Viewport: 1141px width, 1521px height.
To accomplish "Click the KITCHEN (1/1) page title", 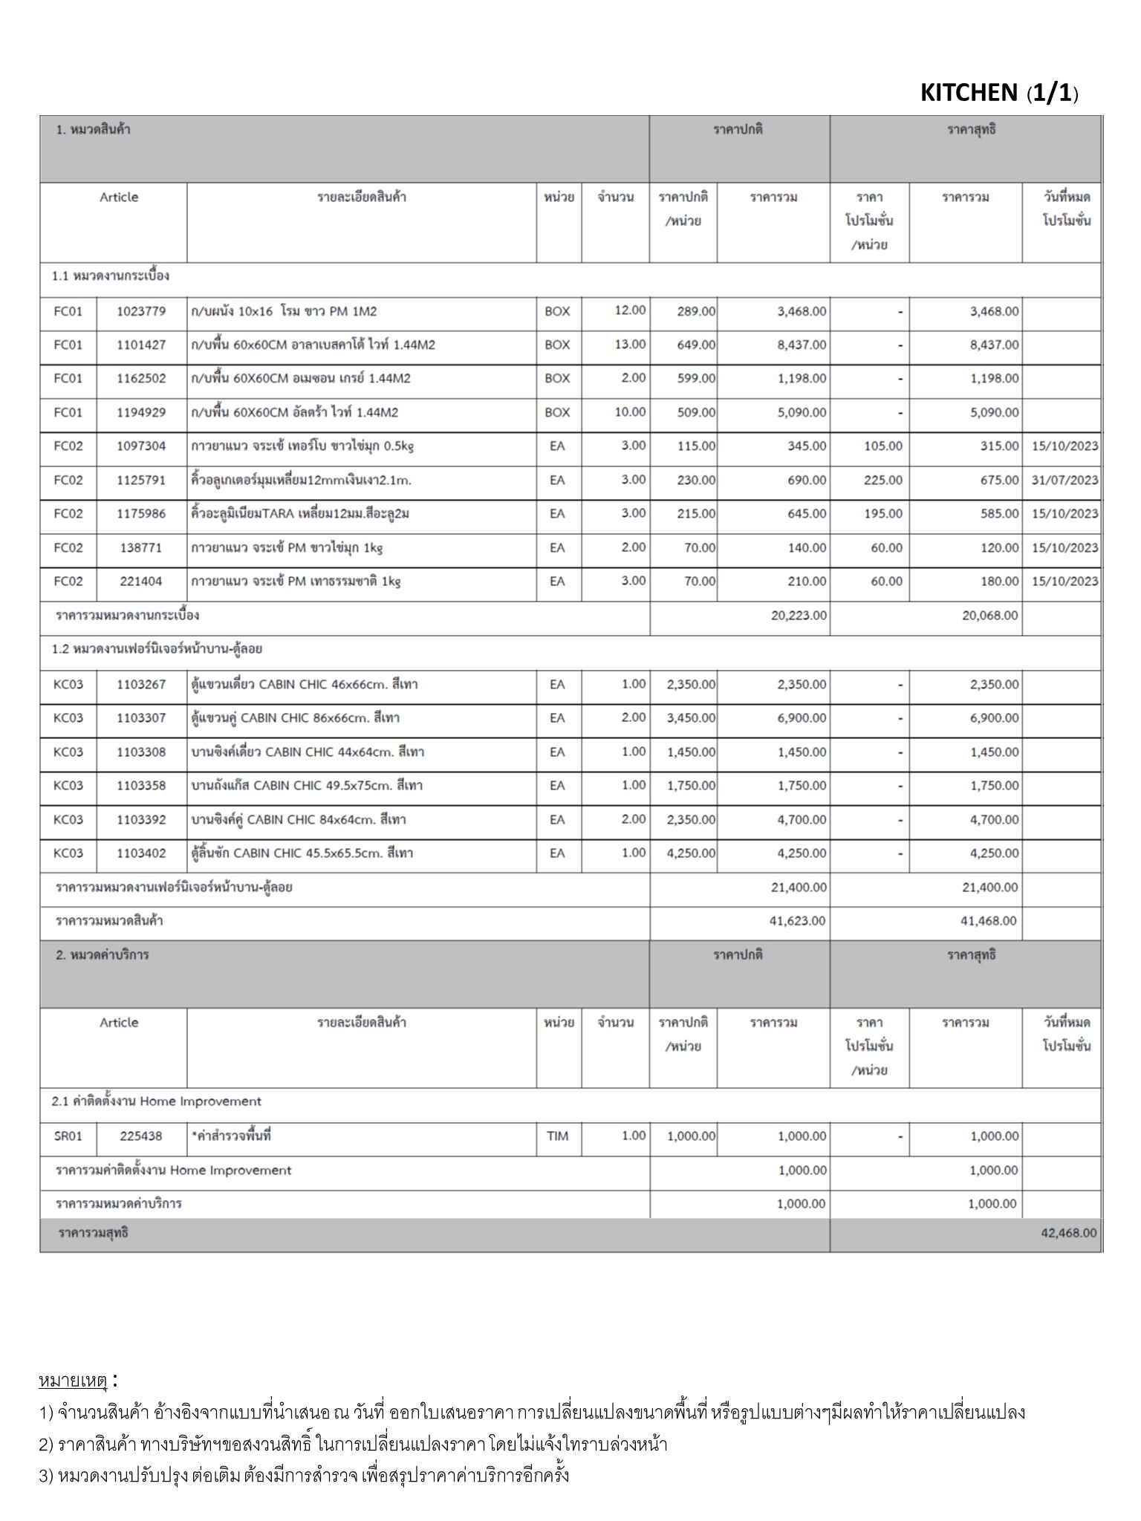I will tap(999, 93).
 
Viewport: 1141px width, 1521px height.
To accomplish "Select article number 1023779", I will tap(141, 311).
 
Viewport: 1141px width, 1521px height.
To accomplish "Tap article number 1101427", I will tap(141, 345).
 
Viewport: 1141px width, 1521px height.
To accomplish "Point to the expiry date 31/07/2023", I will tap(1064, 480).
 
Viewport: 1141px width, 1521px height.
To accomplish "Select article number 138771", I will tap(141, 548).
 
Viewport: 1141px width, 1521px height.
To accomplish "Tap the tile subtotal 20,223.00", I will tap(799, 616).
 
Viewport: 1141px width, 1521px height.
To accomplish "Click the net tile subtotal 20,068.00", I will tap(990, 616).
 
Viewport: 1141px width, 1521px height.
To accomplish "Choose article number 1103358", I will tap(141, 786).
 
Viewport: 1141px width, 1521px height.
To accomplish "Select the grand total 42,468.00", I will tap(1068, 1233).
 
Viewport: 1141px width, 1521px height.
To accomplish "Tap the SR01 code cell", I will tap(68, 1136).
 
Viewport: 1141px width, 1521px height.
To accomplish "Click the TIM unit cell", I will tap(557, 1136).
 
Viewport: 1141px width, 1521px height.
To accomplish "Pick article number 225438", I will tap(141, 1136).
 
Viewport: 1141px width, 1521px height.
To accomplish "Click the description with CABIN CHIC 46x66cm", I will tap(305, 684).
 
